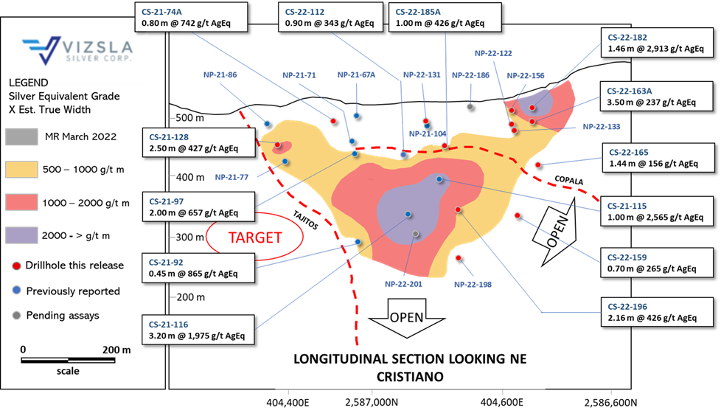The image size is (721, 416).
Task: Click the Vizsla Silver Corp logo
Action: (77, 50)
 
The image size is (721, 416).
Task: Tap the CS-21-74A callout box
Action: (191, 17)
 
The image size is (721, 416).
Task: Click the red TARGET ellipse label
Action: (255, 237)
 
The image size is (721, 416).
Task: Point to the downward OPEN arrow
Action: (406, 318)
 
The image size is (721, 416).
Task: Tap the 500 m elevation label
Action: (190, 118)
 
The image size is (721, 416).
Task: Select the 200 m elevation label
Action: (190, 297)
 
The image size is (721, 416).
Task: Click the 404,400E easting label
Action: (288, 403)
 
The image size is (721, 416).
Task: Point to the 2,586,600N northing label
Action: (610, 403)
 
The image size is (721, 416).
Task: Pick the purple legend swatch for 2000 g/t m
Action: (21, 235)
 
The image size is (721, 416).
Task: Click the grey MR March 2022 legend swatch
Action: (21, 136)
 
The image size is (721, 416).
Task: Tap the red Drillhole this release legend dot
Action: (16, 266)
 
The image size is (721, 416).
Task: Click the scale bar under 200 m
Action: (68, 360)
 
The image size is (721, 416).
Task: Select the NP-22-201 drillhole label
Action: (403, 284)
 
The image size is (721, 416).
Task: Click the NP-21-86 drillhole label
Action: (220, 74)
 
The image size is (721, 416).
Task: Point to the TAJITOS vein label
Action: (305, 220)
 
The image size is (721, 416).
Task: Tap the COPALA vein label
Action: (569, 180)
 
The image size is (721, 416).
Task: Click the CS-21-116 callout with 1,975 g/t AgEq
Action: (198, 330)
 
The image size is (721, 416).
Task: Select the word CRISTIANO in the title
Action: (410, 377)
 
